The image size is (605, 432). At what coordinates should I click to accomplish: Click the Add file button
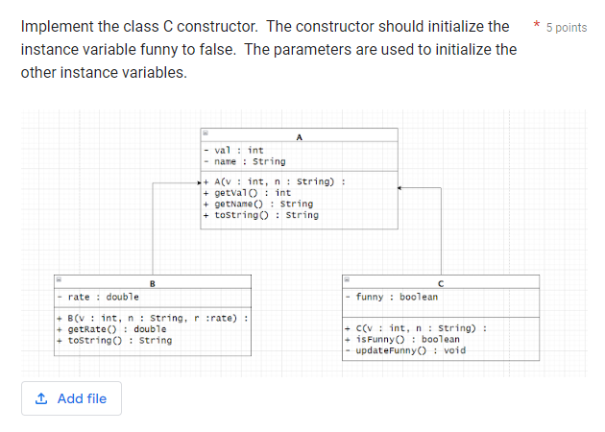tap(71, 398)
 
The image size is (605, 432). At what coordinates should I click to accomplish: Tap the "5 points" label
tap(567, 27)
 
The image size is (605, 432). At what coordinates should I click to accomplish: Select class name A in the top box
tap(300, 137)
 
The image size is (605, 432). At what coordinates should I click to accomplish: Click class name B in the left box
tap(152, 282)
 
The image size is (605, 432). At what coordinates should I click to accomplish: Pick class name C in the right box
tap(441, 282)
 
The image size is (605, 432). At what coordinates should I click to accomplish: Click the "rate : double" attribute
tap(103, 297)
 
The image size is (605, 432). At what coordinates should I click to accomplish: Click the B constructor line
tap(153, 318)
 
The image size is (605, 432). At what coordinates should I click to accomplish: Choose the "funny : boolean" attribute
tap(397, 297)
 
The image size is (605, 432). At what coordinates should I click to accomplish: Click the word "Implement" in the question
tap(60, 27)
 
